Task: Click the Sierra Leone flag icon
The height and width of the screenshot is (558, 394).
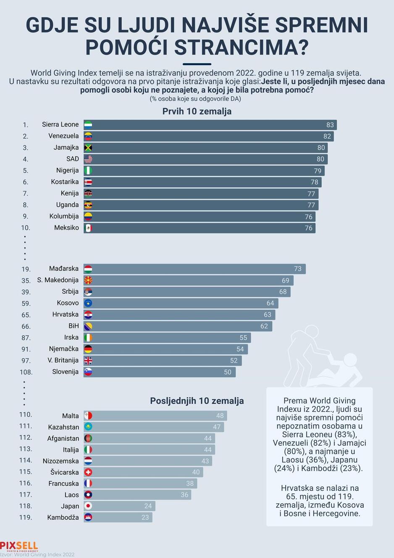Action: click(88, 124)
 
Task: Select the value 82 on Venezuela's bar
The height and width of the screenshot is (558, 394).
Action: click(327, 136)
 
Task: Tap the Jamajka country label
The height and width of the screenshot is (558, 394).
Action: click(66, 148)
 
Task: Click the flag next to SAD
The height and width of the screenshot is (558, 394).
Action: click(88, 159)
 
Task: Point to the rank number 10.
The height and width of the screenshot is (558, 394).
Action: click(26, 227)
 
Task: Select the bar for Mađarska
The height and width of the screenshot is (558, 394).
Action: click(194, 269)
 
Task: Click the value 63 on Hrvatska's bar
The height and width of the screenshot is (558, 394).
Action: click(267, 315)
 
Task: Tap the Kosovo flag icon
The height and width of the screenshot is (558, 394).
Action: click(88, 303)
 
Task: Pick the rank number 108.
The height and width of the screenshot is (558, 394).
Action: click(26, 372)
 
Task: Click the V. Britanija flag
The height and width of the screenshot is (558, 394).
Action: click(88, 360)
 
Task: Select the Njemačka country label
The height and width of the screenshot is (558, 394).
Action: click(64, 349)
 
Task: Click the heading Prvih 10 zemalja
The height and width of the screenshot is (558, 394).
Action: click(197, 111)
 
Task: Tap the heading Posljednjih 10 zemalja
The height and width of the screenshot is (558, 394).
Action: click(197, 401)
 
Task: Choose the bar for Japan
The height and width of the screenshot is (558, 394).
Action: click(119, 506)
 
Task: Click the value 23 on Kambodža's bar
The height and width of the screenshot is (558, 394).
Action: click(145, 517)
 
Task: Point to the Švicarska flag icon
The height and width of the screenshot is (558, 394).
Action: click(88, 472)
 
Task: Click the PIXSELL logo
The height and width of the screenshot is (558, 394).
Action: click(19, 546)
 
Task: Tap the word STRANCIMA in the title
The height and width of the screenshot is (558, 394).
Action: click(242, 48)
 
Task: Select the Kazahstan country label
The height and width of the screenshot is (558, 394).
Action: click(63, 427)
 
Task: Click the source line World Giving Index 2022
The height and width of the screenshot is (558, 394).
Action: click(37, 555)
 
